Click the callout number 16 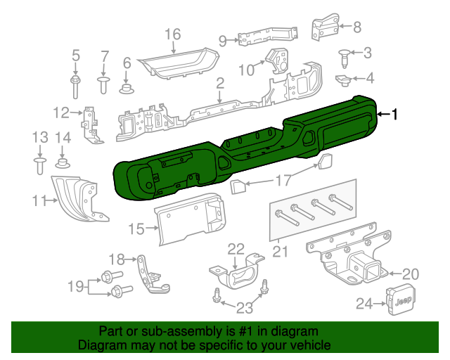click(172, 34)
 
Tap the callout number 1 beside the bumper click(395, 114)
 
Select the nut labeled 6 click(127, 87)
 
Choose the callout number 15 click(136, 228)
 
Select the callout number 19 click(75, 285)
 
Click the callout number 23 click(244, 307)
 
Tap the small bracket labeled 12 click(90, 124)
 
